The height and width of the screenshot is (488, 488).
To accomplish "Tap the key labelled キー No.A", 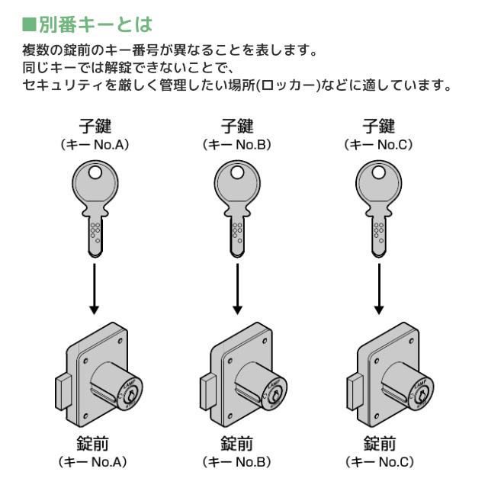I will click(x=94, y=202).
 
